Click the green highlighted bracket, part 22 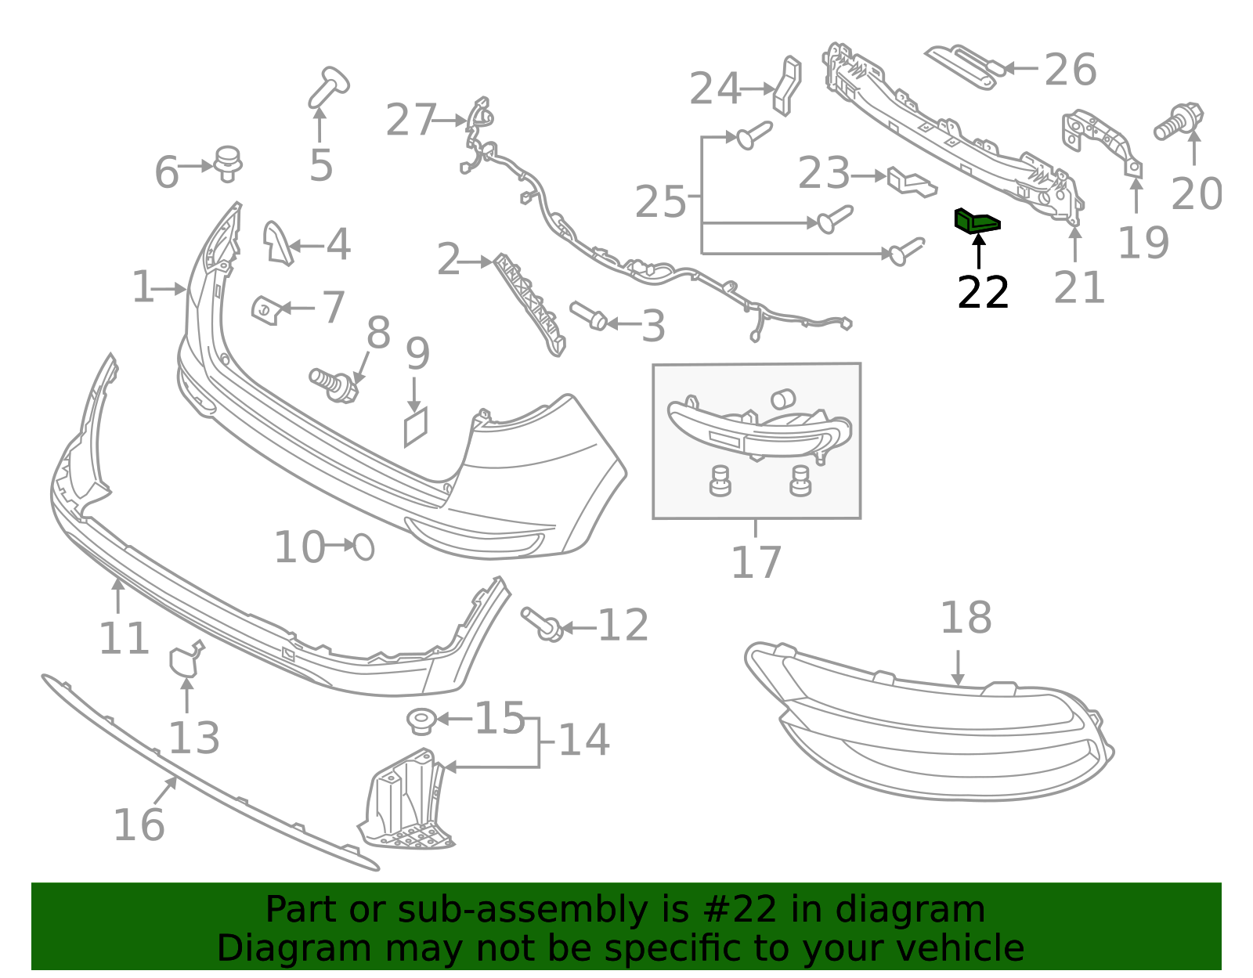click(976, 222)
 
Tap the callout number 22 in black click(983, 294)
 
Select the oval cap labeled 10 click(363, 547)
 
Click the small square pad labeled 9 click(416, 427)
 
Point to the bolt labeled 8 click(334, 383)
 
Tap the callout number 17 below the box click(756, 562)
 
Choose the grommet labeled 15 click(421, 720)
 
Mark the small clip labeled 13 click(186, 660)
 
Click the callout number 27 click(410, 121)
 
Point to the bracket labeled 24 click(787, 84)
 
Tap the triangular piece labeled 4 click(276, 241)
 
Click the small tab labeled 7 click(265, 310)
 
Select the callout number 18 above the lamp click(966, 619)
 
